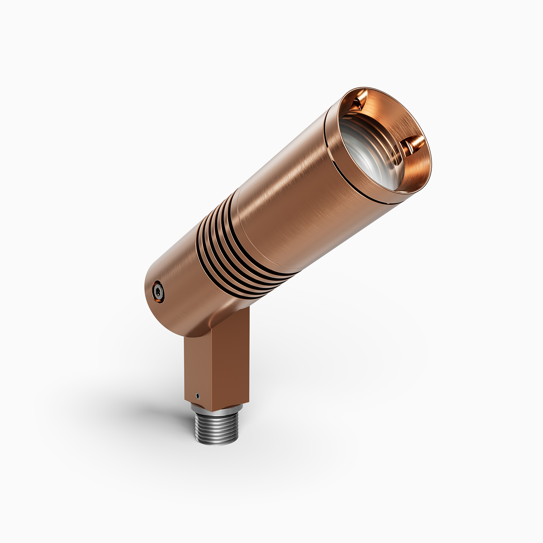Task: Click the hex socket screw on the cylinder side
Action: point(158,290)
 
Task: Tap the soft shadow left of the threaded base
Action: point(159,409)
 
